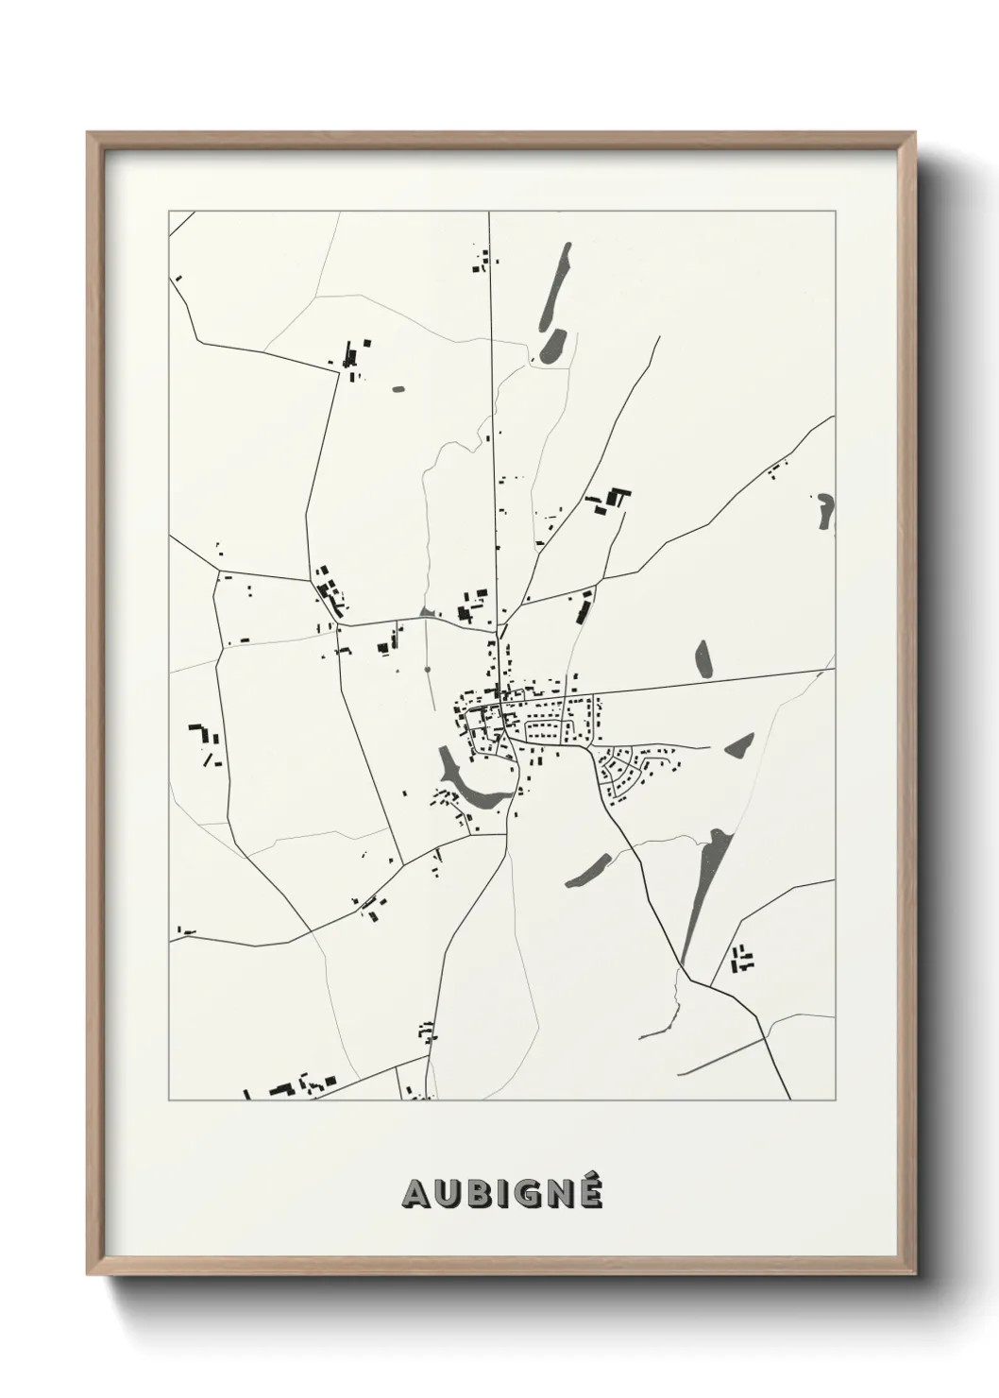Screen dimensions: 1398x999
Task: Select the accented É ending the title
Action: pyautogui.click(x=588, y=1192)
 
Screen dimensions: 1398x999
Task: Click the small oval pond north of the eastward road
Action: pyautogui.click(x=703, y=658)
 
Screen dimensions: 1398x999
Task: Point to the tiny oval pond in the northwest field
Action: pyautogui.click(x=398, y=387)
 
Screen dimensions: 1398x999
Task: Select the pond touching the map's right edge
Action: pyautogui.click(x=827, y=511)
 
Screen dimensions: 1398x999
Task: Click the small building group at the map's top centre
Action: pyautogui.click(x=483, y=261)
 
